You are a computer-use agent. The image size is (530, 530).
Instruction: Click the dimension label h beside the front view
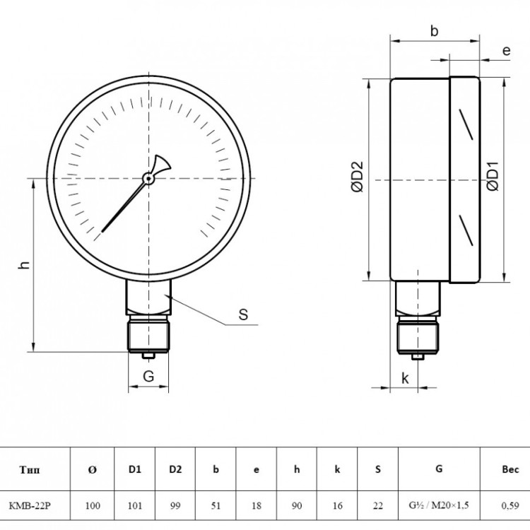tap(24, 265)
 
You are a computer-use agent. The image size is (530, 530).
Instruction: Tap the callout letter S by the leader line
tap(243, 314)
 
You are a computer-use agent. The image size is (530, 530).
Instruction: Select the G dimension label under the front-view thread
tap(148, 376)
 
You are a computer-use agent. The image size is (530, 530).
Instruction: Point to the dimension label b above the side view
tap(434, 31)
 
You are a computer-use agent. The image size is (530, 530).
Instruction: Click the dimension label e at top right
tap(506, 51)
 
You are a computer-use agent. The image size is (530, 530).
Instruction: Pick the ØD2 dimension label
tap(358, 177)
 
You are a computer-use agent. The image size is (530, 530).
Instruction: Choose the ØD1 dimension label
tap(493, 176)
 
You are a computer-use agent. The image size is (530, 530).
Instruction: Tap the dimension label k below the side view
tap(405, 378)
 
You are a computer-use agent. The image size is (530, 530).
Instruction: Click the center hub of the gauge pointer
tap(148, 178)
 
